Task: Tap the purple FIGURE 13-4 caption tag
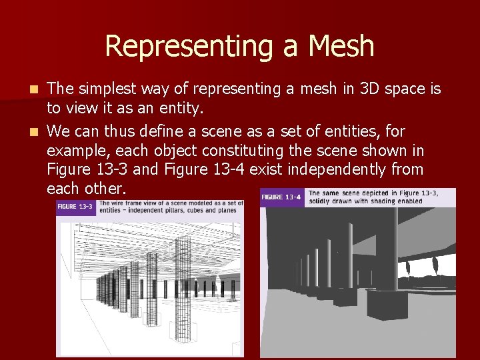(x=281, y=197)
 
